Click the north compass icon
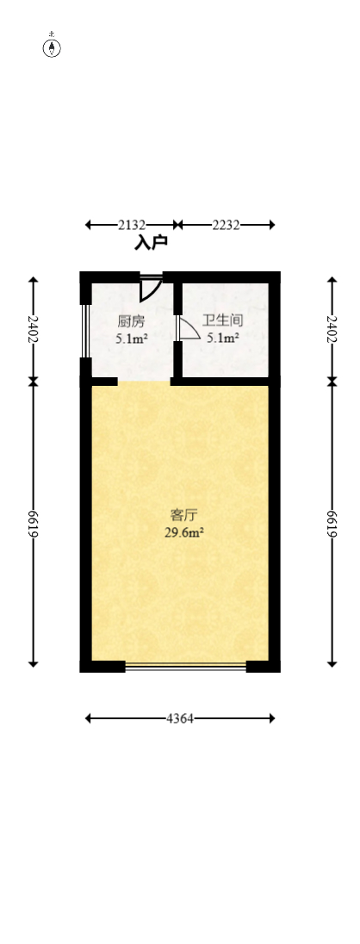click(x=53, y=47)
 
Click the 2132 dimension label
click(x=131, y=225)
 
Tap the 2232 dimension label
click(x=226, y=225)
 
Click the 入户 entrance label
click(x=151, y=244)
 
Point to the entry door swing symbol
click(x=150, y=287)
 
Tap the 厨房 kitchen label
click(x=131, y=321)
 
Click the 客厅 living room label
click(x=183, y=515)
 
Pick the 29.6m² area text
click(x=183, y=532)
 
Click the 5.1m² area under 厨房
click(x=132, y=338)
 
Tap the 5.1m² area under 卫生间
click(x=222, y=338)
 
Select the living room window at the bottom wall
click(x=185, y=666)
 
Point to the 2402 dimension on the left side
click(x=34, y=328)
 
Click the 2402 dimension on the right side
click(x=332, y=328)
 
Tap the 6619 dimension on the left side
click(x=34, y=524)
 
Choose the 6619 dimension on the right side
click(x=332, y=524)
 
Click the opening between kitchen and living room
click(x=144, y=381)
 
